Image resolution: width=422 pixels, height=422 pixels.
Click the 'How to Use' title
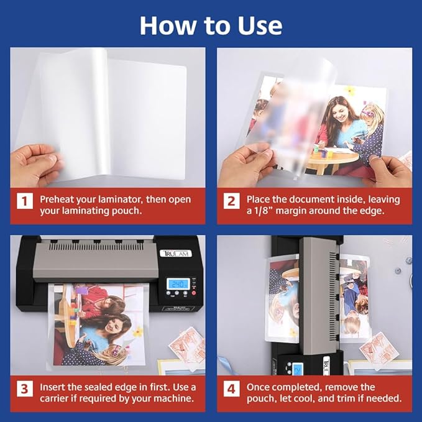tap(211, 25)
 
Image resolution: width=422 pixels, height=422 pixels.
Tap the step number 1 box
tap(25, 201)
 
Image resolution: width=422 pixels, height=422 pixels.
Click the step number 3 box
tap(25, 390)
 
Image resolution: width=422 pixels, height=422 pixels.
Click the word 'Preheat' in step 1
tap(59, 200)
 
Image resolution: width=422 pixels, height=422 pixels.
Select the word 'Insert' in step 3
tap(54, 387)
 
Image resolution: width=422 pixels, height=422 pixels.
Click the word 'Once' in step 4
tap(259, 387)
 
